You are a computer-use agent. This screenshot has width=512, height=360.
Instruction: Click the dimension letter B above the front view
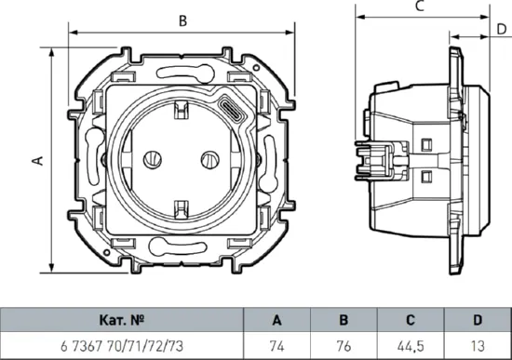click(182, 20)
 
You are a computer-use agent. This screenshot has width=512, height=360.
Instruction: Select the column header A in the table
click(276, 320)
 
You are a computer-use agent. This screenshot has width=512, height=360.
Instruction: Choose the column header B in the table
click(343, 320)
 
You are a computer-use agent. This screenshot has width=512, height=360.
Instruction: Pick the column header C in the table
click(410, 320)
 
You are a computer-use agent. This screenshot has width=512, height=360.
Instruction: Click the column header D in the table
click(477, 320)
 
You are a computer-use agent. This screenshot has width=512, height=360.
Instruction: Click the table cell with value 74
click(276, 345)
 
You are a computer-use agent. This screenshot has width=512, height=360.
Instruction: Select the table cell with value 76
click(343, 345)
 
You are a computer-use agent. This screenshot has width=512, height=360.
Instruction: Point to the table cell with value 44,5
click(410, 345)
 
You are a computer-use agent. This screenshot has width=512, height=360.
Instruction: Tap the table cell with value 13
click(477, 345)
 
